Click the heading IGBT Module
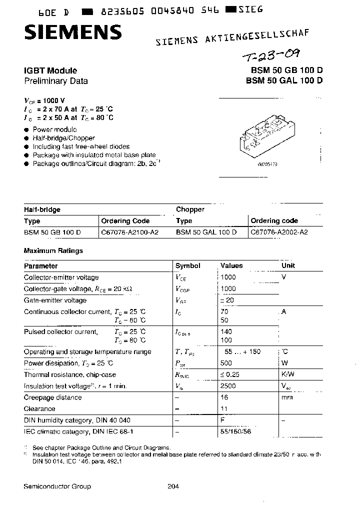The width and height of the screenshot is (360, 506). click(x=50, y=71)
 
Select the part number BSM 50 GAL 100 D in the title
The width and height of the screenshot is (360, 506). click(x=284, y=81)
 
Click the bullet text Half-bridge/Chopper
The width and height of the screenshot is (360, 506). click(x=63, y=138)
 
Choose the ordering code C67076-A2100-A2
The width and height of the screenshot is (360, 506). click(x=129, y=232)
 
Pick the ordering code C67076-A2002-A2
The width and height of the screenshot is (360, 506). click(x=279, y=232)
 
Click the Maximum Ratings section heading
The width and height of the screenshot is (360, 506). click(x=53, y=250)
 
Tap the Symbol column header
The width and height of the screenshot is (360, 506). click(x=187, y=266)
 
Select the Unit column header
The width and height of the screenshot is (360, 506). click(x=288, y=266)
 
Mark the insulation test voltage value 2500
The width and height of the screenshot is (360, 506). click(x=228, y=386)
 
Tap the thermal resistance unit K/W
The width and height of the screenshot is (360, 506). click(x=288, y=374)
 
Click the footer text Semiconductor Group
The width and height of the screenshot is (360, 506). click(x=57, y=486)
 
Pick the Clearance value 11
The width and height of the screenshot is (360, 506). click(x=224, y=408)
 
